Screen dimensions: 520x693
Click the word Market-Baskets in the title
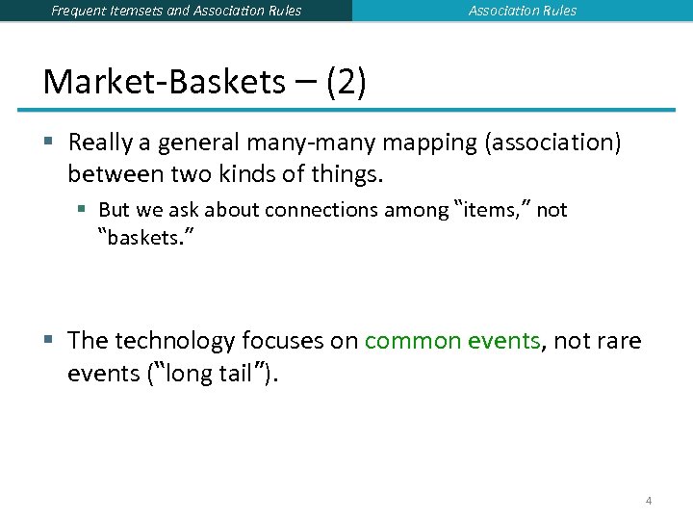(x=164, y=82)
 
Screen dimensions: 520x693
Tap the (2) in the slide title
(x=346, y=82)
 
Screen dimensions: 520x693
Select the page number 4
(x=649, y=500)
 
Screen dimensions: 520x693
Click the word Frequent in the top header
(x=82, y=11)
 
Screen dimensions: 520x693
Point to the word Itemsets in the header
(x=143, y=11)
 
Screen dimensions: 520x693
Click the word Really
(x=102, y=143)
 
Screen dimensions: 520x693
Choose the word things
(x=348, y=175)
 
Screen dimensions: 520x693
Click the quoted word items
(x=491, y=210)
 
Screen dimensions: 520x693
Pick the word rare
(x=621, y=341)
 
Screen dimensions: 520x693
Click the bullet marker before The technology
(x=48, y=341)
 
